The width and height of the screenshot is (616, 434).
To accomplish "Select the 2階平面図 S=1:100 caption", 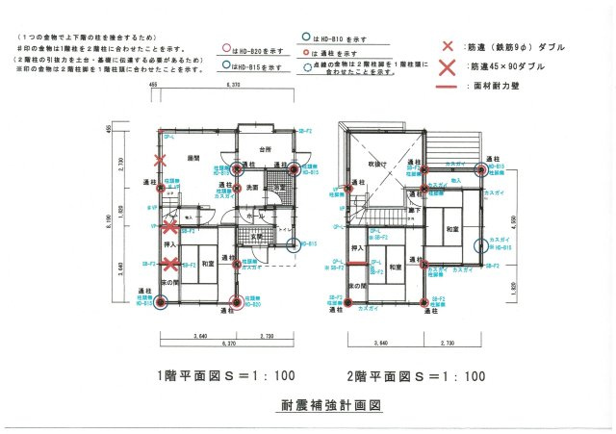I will (416, 375).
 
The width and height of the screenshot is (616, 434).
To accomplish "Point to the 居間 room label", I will (192, 157).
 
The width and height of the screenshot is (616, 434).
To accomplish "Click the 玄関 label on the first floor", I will (258, 236).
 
